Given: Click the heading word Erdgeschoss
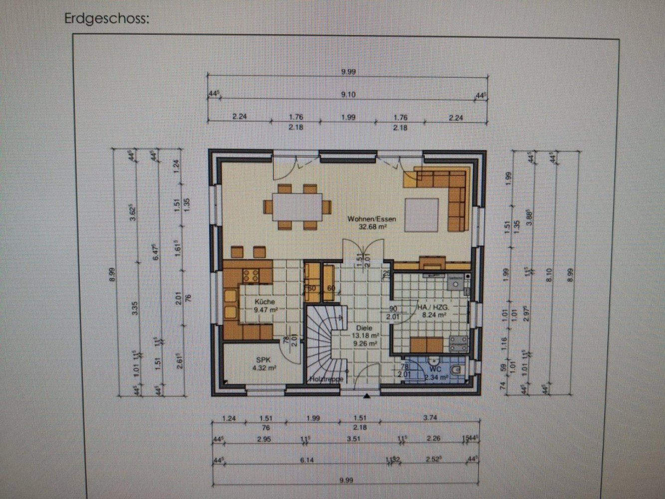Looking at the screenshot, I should [106, 19].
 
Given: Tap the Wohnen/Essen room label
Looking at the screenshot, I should [372, 219].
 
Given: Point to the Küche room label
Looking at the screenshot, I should [264, 302].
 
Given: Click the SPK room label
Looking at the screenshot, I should [263, 359].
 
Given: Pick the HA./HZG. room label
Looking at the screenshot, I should [432, 308].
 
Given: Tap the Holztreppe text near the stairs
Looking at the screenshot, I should [326, 379].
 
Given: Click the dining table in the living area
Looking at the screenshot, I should [297, 207].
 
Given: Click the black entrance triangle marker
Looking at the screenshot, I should [367, 396].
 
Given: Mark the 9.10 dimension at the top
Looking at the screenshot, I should [348, 95].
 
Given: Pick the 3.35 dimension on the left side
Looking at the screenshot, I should [135, 311].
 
